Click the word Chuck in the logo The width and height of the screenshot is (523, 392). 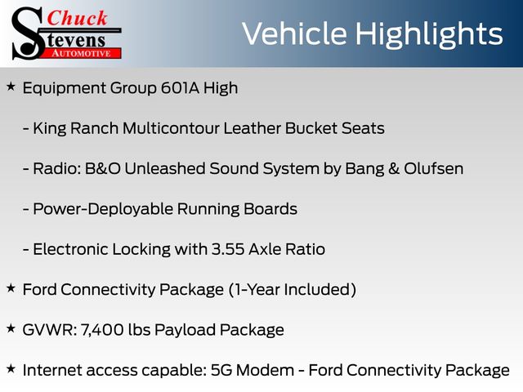pyautogui.click(x=77, y=18)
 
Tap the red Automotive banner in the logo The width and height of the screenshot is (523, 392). pyautogui.click(x=81, y=53)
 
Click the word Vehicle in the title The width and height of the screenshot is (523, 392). pyautogui.click(x=294, y=33)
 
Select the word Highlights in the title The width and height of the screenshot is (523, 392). pyautogui.click(x=428, y=35)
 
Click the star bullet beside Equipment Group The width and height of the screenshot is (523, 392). pyautogui.click(x=11, y=87)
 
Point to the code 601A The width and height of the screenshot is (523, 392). pyautogui.click(x=180, y=88)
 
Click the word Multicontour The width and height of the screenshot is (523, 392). pyautogui.click(x=171, y=128)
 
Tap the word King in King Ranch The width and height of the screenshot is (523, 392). pyautogui.click(x=50, y=129)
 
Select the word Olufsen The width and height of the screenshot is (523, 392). pyautogui.click(x=434, y=169)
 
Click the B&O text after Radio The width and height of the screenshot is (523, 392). pyautogui.click(x=103, y=169)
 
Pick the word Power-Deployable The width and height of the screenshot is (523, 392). pyautogui.click(x=103, y=210)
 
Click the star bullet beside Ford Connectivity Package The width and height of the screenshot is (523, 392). pyautogui.click(x=11, y=288)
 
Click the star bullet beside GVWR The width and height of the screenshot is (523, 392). pyautogui.click(x=11, y=328)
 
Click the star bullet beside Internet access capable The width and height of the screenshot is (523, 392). pyautogui.click(x=11, y=369)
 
